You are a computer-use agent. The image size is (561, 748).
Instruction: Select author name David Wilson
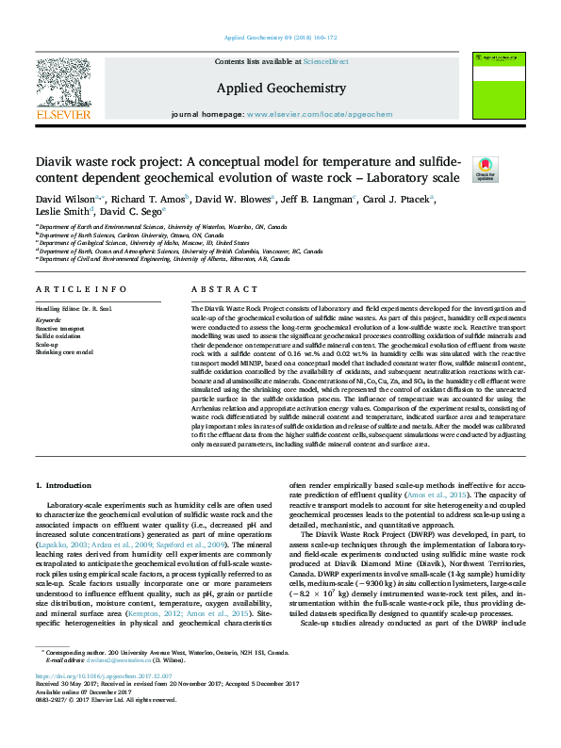pyautogui.click(x=61, y=200)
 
